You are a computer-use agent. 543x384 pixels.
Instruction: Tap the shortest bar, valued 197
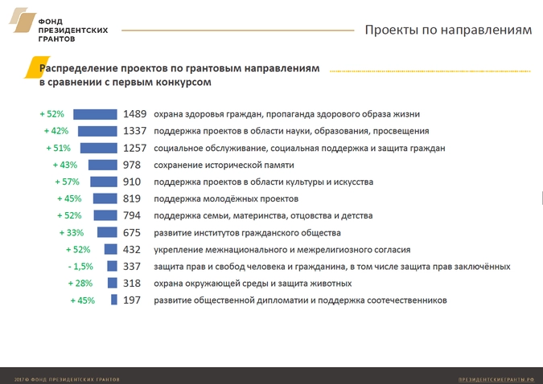pos(115,300)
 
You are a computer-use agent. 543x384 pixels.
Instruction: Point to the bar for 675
pos(108,232)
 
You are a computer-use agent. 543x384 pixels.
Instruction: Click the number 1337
pos(135,131)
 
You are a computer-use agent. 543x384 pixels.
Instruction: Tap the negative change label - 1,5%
pos(80,267)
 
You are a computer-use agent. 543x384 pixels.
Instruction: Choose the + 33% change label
pos(72,233)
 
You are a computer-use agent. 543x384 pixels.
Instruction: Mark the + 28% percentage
pos(81,284)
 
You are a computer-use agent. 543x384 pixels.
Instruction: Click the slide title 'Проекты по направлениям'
pos(448,31)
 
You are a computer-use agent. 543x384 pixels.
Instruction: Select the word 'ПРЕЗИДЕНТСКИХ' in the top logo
pos(72,30)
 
